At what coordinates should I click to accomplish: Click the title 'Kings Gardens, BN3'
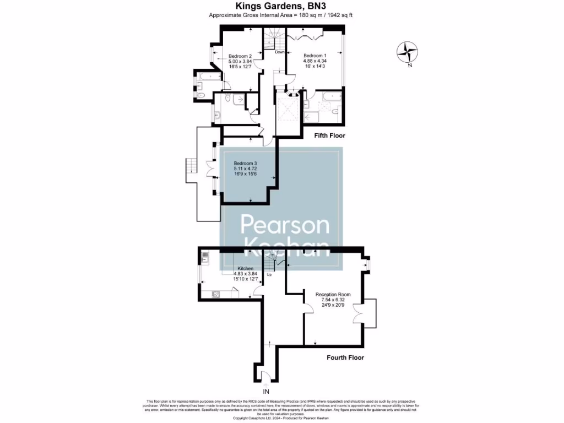pos(281,6)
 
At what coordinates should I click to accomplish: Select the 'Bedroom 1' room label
pos(315,56)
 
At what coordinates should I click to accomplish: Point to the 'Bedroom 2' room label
pos(240,56)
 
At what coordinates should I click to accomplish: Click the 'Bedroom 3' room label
pos(245,164)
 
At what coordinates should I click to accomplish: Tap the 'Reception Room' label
pos(333,295)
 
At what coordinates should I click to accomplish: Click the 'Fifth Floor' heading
pos(329,135)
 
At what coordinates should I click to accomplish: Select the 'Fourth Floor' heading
pos(345,357)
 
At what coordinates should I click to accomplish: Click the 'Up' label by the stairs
pos(269,274)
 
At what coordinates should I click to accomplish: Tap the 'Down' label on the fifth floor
pos(280,52)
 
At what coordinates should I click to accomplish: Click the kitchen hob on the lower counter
pos(215,294)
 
